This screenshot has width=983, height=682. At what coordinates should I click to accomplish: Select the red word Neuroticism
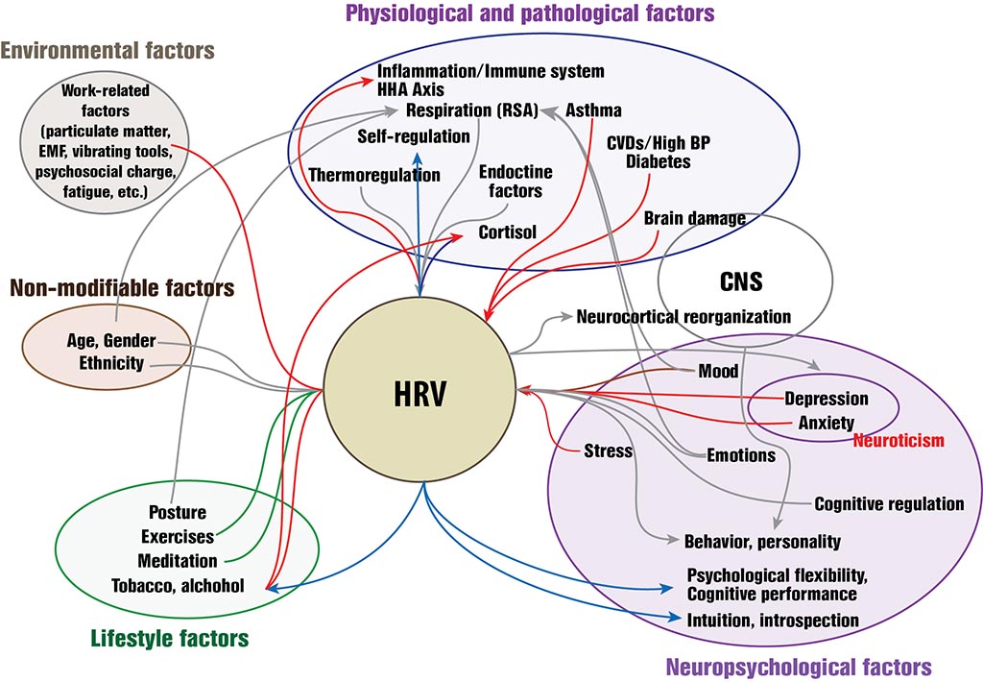pyautogui.click(x=899, y=440)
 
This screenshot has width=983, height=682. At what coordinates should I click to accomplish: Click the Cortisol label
pyautogui.click(x=508, y=231)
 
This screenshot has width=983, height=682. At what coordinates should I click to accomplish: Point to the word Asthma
pyautogui.click(x=593, y=110)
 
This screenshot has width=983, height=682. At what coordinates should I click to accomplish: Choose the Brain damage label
pyautogui.click(x=694, y=218)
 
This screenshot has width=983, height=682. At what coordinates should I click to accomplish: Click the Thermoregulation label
pyautogui.click(x=374, y=175)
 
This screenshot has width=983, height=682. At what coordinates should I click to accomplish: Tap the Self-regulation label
pyautogui.click(x=414, y=136)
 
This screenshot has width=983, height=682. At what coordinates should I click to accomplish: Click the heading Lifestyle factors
pyautogui.click(x=170, y=637)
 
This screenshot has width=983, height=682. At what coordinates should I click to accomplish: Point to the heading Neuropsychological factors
pyautogui.click(x=798, y=665)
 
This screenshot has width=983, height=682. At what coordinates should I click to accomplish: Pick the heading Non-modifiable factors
pyautogui.click(x=122, y=286)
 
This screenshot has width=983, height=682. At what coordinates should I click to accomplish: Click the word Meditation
pyautogui.click(x=178, y=561)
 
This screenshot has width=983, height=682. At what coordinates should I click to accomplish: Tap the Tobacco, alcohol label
pyautogui.click(x=178, y=585)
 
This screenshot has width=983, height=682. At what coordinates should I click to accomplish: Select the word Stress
pyautogui.click(x=608, y=450)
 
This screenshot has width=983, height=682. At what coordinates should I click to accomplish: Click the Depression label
pyautogui.click(x=826, y=399)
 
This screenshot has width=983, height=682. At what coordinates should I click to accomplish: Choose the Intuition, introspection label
pyautogui.click(x=773, y=620)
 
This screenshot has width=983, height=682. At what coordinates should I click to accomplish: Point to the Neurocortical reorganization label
pyautogui.click(x=683, y=316)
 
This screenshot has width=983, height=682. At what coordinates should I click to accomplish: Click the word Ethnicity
pyautogui.click(x=111, y=363)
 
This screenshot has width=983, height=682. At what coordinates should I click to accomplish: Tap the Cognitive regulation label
pyautogui.click(x=889, y=503)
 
